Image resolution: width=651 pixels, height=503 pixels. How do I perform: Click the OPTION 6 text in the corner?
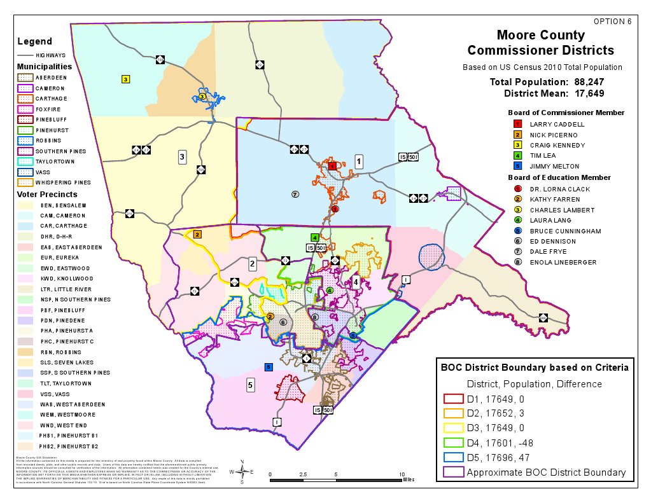click(x=612, y=21)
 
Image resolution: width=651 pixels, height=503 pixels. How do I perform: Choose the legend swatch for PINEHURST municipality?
click(x=25, y=130)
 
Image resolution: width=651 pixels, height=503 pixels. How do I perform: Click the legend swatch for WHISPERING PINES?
click(x=25, y=182)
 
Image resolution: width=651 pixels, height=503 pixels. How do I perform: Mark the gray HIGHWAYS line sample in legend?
click(x=25, y=55)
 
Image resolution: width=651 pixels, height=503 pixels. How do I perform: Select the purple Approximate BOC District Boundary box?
click(x=452, y=472)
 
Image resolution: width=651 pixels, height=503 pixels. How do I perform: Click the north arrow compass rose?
click(x=242, y=471)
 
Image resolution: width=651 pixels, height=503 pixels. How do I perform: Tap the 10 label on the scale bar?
click(x=402, y=474)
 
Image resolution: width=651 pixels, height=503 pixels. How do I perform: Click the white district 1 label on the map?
click(x=359, y=161)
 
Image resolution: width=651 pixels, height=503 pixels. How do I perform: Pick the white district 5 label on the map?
click(x=251, y=385)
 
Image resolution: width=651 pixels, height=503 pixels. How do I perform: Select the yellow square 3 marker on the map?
click(x=126, y=79)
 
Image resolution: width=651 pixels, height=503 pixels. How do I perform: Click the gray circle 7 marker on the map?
click(x=295, y=194)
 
